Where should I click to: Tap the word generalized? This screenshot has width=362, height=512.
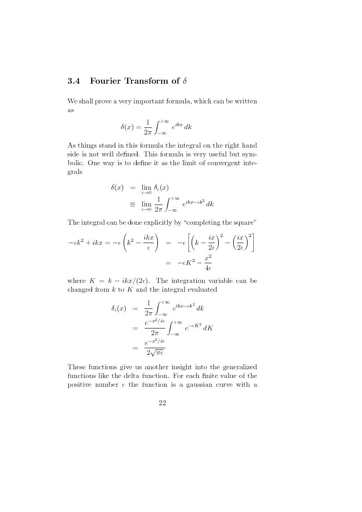pos(236,367)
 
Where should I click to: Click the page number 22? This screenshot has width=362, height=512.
pos(162,403)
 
